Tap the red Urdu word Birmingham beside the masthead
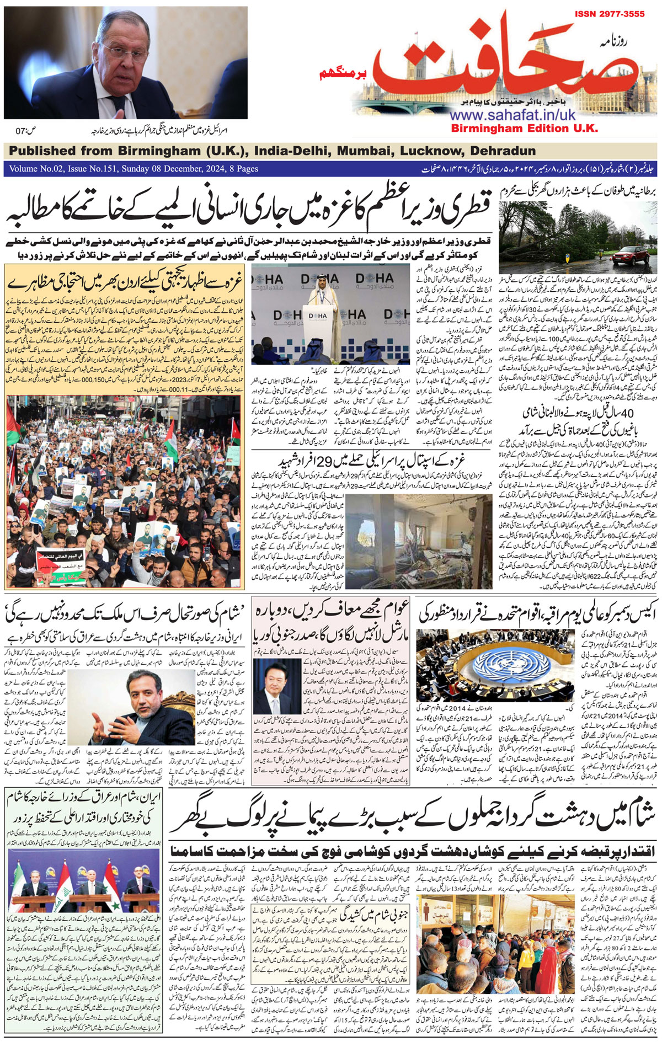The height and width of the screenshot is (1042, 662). [337, 73]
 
